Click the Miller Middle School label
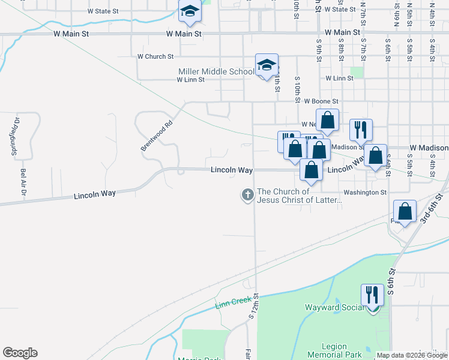pyautogui.click(x=216, y=71)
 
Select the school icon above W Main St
pyautogui.click(x=190, y=12)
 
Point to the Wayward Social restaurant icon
pyautogui.click(x=372, y=296)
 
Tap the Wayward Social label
pyautogui.click(x=334, y=308)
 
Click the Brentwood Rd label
pyautogui.click(x=157, y=136)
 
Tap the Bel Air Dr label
pyautogui.click(x=23, y=182)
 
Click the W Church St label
pyautogui.click(x=155, y=56)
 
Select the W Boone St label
pyautogui.click(x=321, y=101)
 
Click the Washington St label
pyautogui.click(x=365, y=193)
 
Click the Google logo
pyautogui.click(x=20, y=353)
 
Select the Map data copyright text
pyautogui.click(x=411, y=355)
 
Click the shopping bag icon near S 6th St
pyautogui.click(x=405, y=212)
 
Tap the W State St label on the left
pyautogui.click(x=103, y=11)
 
